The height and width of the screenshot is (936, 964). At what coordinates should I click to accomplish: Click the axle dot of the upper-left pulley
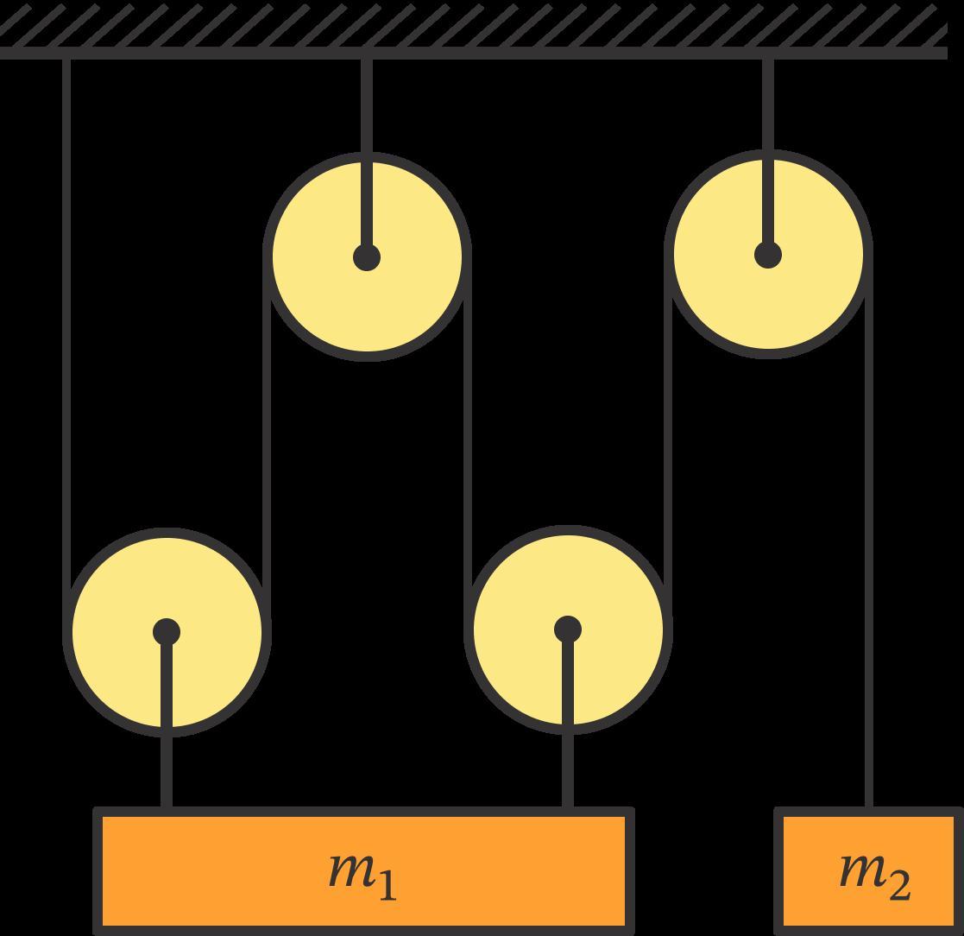click(367, 257)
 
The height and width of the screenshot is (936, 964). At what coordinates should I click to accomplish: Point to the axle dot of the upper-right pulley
click(768, 255)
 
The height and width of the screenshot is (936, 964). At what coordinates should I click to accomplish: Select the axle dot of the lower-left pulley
click(167, 632)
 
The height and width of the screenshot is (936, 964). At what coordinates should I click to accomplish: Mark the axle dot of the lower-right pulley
click(567, 629)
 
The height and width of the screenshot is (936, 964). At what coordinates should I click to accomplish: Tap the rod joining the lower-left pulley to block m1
click(167, 768)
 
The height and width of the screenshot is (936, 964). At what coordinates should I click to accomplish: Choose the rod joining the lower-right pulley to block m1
click(567, 768)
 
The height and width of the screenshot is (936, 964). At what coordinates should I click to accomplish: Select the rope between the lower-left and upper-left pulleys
click(267, 432)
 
